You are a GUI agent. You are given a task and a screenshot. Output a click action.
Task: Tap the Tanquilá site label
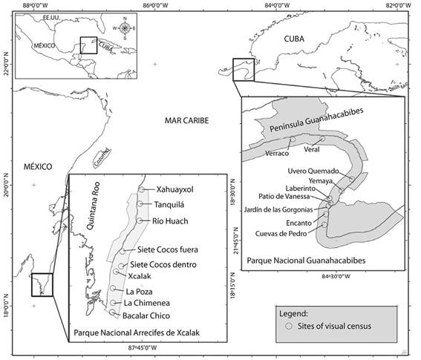pyautogui.click(x=170, y=205)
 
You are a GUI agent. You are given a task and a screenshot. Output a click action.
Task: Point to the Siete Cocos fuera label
pyautogui.click(x=166, y=249)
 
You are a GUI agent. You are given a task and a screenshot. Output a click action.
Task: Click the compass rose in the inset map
pyautogui.click(x=124, y=28)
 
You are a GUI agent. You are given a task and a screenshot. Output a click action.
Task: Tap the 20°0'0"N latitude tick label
pyautogui.click(x=5, y=185)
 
